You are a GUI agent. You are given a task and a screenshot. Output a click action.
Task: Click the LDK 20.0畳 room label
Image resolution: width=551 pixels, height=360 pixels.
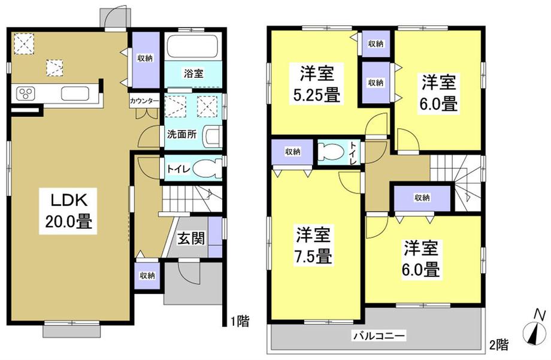click(68, 211)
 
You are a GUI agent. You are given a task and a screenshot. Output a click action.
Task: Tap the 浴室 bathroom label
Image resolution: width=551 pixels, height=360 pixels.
click(193, 74)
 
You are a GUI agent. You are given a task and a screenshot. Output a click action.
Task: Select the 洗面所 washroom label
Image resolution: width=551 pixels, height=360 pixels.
click(181, 134)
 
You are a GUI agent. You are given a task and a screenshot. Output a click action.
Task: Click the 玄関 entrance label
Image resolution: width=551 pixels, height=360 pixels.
click(190, 239)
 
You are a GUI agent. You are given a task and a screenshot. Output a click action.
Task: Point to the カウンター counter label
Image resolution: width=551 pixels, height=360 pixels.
click(144, 101)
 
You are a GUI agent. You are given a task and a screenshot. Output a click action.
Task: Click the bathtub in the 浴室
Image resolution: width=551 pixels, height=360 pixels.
click(193, 47)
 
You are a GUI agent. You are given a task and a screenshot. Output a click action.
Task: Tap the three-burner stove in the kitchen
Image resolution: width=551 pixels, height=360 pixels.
click(26, 94)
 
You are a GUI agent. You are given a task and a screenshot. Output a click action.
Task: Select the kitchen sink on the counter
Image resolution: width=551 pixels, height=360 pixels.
click(74, 94)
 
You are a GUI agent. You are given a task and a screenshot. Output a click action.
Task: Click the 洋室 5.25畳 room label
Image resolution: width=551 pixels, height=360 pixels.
click(316, 84)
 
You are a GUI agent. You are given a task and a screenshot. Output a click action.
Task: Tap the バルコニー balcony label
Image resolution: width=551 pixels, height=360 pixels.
click(379, 335)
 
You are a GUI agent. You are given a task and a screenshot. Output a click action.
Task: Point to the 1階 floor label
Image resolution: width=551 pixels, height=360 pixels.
click(240, 321)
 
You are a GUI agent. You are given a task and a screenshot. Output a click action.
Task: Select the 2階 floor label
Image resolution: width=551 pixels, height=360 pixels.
click(499, 345)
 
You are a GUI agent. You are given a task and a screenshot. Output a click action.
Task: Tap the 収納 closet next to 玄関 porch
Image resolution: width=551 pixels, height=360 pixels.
click(147, 276)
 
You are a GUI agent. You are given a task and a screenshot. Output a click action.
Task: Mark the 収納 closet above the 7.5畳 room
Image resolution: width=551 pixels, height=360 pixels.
click(292, 152)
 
